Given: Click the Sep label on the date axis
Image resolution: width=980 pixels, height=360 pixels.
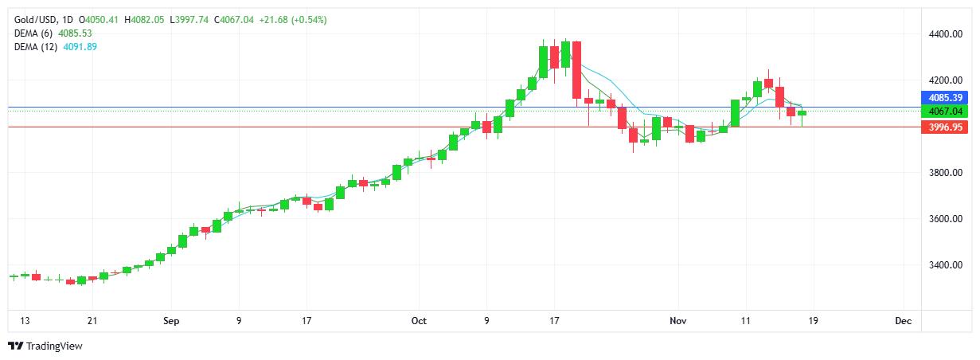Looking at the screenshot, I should [x=171, y=321].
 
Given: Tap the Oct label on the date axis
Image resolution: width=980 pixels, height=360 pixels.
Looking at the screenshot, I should [x=420, y=321].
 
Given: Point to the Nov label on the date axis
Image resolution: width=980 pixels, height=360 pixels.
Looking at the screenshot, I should [x=678, y=321].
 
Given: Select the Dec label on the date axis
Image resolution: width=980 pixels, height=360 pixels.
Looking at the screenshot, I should [x=903, y=321].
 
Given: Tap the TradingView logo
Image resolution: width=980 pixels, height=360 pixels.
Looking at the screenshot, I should [x=45, y=346].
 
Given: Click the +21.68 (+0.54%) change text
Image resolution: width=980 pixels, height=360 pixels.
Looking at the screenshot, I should [x=289, y=19].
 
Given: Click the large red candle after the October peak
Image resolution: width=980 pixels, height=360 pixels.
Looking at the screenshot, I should [x=576, y=70].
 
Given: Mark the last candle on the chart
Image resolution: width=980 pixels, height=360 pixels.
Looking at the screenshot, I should [x=802, y=113].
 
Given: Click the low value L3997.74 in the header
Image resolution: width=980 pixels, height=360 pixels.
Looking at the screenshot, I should [x=191, y=19].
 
